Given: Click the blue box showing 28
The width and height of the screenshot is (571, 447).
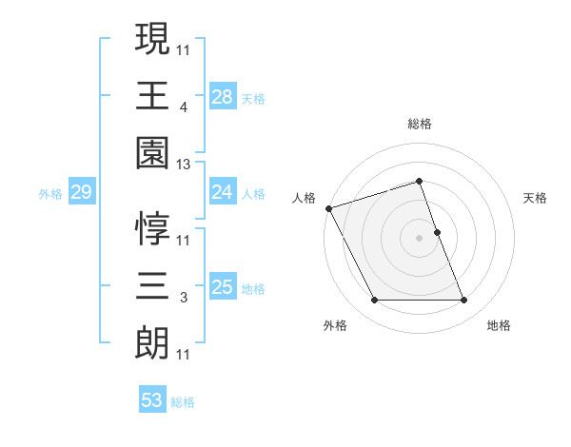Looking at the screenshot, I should tap(222, 97).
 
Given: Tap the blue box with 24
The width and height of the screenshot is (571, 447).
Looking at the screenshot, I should tap(222, 193).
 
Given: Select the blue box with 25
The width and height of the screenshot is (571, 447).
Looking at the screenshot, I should tap(222, 288).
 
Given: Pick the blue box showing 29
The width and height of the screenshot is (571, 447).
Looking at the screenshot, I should tap(81, 193).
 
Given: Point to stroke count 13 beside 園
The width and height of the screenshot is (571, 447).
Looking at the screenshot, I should tap(184, 165).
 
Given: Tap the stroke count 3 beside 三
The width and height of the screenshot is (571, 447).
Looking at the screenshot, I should tap(183, 298).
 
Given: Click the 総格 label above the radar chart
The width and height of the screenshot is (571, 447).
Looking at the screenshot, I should tap(419, 124).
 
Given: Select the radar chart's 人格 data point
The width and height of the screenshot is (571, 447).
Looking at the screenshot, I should tap(328, 208).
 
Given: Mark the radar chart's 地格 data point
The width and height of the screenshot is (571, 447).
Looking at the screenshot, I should tap(464, 301).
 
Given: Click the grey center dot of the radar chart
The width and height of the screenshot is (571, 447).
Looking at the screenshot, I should tap(419, 238).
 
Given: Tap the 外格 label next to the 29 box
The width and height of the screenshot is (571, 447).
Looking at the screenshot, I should tap(50, 194).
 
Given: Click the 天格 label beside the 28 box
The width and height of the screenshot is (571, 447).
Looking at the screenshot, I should tap(253, 98).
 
